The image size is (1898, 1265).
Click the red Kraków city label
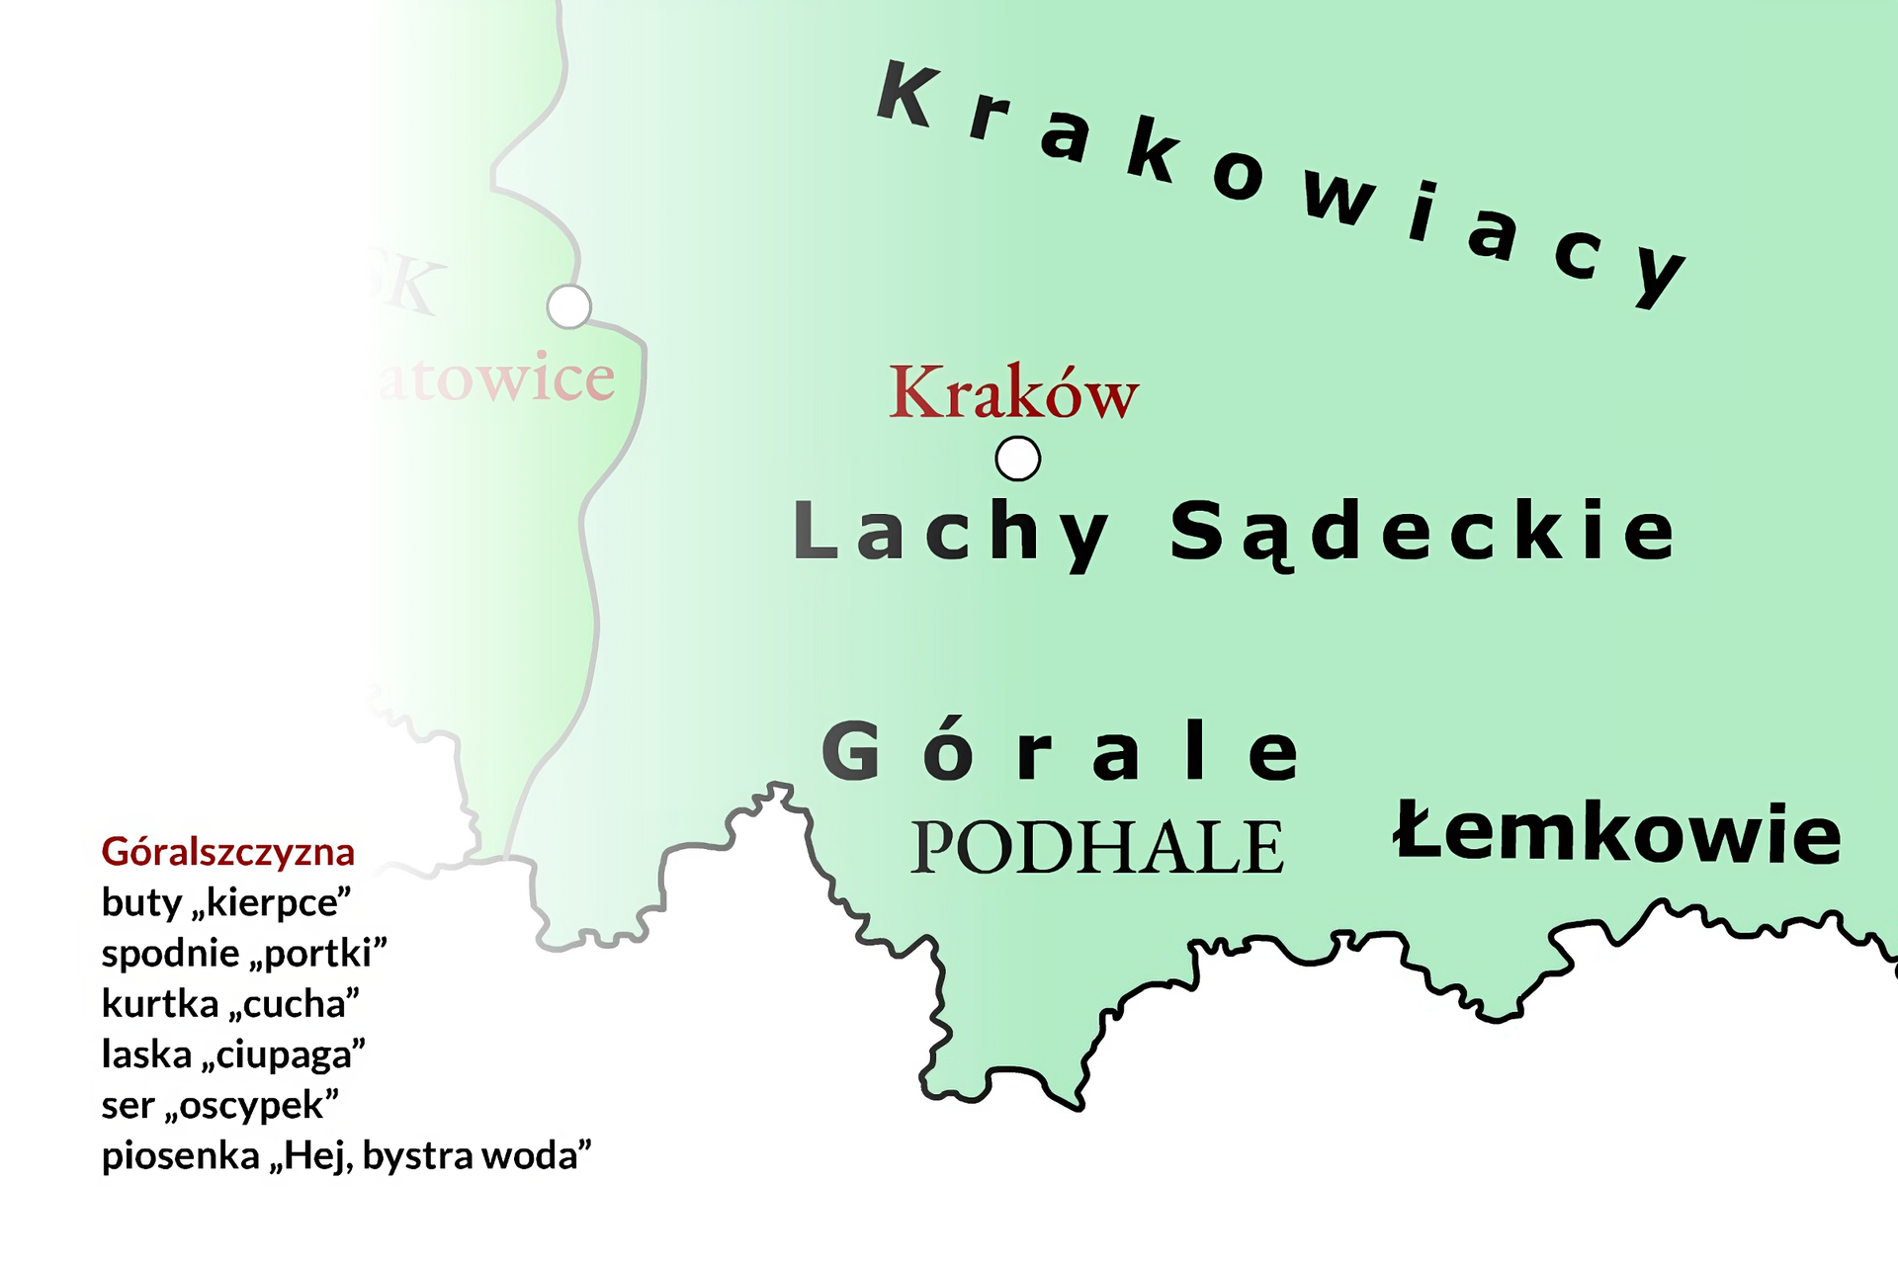tap(1013, 393)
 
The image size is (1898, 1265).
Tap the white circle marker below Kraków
tap(1017, 459)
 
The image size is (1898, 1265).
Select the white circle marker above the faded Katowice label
tap(569, 306)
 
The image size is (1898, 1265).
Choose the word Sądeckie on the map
tap(1423, 532)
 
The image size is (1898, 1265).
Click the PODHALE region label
tap(1096, 848)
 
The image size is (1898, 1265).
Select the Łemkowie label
tap(1617, 833)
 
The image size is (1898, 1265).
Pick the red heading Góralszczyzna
tap(227, 852)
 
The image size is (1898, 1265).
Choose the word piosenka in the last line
tap(181, 1155)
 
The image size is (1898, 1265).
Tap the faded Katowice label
tap(494, 378)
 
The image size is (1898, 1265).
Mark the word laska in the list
tap(146, 1054)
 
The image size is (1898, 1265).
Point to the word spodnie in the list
tap(170, 954)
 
